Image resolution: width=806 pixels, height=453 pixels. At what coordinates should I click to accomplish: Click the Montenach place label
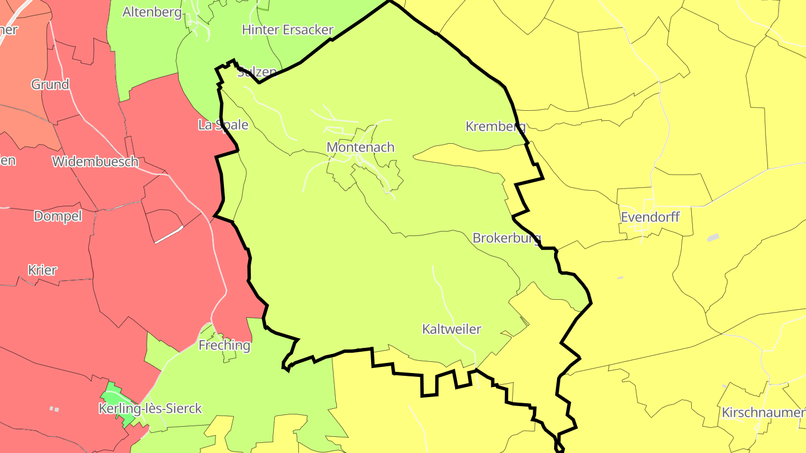click(360, 147)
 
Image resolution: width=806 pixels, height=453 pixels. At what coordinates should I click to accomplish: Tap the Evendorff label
click(650, 217)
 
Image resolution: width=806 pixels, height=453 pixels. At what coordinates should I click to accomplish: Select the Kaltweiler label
click(451, 329)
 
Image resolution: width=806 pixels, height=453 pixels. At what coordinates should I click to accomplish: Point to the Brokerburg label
click(507, 238)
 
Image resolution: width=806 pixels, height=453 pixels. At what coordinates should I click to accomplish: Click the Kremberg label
click(495, 126)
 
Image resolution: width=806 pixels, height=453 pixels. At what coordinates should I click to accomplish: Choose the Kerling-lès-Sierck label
click(150, 408)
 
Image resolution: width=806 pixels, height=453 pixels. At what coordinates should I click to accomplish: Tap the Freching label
click(224, 345)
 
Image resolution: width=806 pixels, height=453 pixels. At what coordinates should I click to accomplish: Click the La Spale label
click(223, 125)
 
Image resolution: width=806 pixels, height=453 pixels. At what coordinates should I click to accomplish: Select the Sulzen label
click(257, 72)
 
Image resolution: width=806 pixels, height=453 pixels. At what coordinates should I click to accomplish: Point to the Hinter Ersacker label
click(287, 30)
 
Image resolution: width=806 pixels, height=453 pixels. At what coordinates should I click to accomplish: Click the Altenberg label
click(152, 12)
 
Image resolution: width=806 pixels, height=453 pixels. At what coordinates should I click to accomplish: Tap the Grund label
click(50, 84)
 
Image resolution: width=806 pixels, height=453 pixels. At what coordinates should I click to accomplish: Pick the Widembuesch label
click(95, 162)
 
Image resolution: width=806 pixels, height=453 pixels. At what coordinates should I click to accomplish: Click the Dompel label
click(58, 216)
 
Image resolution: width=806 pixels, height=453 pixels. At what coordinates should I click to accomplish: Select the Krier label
click(43, 270)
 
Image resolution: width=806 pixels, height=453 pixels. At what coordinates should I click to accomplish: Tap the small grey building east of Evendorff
click(713, 238)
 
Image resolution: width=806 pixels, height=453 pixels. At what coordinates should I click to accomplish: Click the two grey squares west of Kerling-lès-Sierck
click(54, 409)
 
